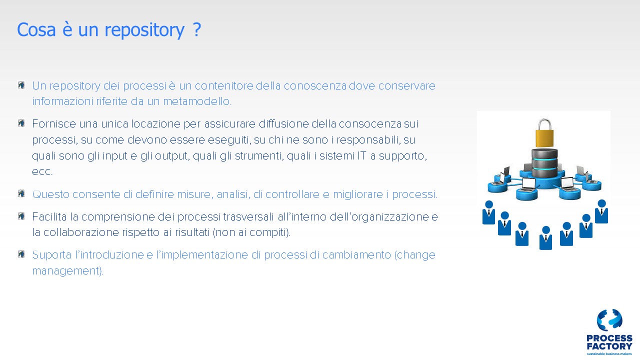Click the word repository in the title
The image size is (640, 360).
click(x=144, y=30)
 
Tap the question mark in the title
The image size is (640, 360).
click(x=197, y=29)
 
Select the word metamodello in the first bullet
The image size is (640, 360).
click(x=197, y=101)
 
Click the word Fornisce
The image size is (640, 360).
click(x=54, y=124)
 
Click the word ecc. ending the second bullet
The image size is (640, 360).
click(x=42, y=171)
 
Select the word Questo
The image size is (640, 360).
click(x=51, y=194)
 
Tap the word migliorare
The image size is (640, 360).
click(x=357, y=194)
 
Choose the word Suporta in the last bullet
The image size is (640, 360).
click(x=51, y=255)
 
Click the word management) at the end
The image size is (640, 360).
click(x=67, y=271)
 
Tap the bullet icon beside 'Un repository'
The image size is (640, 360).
click(x=21, y=85)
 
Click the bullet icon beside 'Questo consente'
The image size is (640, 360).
click(x=21, y=193)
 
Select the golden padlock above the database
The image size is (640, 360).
click(x=544, y=133)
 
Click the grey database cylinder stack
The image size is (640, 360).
click(x=544, y=162)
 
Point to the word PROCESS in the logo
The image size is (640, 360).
click(x=609, y=338)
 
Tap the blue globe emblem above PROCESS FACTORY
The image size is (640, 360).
click(x=609, y=320)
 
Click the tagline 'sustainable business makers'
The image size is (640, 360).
click(x=609, y=354)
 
